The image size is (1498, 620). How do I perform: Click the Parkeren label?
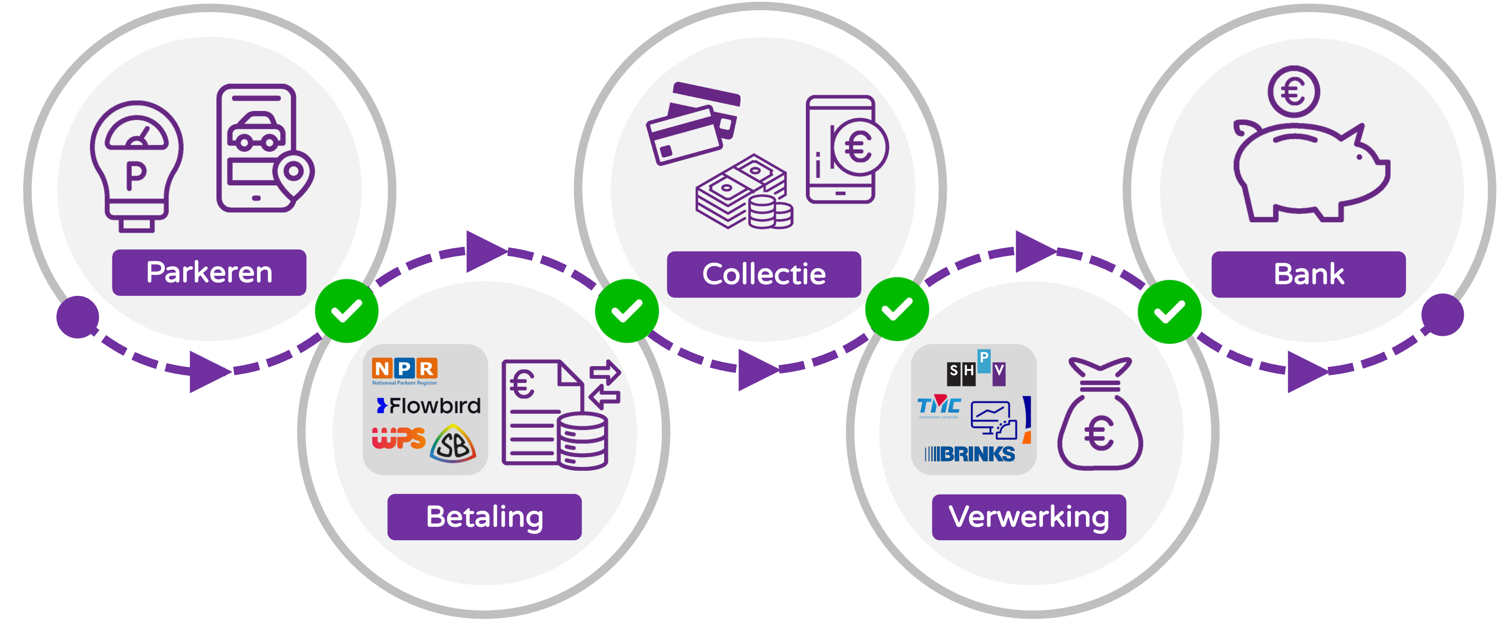pyautogui.click(x=209, y=272)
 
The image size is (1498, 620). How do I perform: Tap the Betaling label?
pyautogui.click(x=484, y=517)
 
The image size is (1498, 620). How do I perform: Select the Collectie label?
pyautogui.click(x=764, y=274)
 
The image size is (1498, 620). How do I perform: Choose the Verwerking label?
pyautogui.click(x=1029, y=517)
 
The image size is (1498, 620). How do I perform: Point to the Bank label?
pyautogui.click(x=1308, y=274)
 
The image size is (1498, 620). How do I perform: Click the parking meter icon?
pyautogui.click(x=137, y=166)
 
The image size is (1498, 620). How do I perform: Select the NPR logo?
pyautogui.click(x=405, y=370)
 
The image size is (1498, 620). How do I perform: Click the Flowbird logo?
pyautogui.click(x=428, y=406)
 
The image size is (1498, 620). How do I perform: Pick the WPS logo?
pyautogui.click(x=398, y=438)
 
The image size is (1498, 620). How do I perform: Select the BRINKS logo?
pyautogui.click(x=969, y=454)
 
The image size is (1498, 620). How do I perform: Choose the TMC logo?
pyautogui.click(x=938, y=407)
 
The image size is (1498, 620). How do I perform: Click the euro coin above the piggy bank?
pyautogui.click(x=1293, y=92)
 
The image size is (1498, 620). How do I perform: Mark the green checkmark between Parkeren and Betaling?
pyautogui.click(x=347, y=310)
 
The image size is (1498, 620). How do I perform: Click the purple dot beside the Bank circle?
pyautogui.click(x=1442, y=315)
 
